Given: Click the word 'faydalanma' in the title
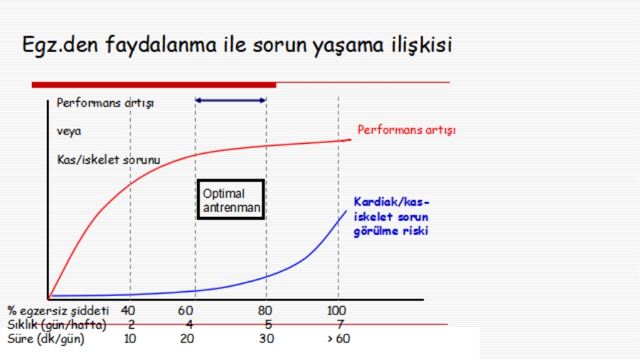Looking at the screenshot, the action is (161, 45).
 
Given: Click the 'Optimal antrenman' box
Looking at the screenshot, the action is (231, 200).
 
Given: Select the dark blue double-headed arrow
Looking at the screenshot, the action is (230, 100).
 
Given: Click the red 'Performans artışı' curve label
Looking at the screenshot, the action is (406, 130).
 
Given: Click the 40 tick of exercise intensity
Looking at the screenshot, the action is (128, 311).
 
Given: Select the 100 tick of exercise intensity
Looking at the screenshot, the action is (336, 311).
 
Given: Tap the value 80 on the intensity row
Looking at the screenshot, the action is (265, 311).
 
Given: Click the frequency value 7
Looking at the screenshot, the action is (340, 324).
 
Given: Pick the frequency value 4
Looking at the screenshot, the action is (189, 324).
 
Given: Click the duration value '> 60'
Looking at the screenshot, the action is (338, 339).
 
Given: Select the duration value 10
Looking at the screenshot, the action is (130, 339).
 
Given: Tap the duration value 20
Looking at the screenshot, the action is (187, 339).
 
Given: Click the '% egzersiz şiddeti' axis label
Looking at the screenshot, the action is (58, 311).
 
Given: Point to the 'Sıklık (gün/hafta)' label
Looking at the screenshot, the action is (57, 325).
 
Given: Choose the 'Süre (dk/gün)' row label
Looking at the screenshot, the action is (46, 339).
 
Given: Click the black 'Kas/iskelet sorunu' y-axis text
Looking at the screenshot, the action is (109, 159).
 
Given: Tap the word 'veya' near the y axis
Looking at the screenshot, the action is (69, 132).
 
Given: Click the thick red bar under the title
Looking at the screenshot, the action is (154, 85).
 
